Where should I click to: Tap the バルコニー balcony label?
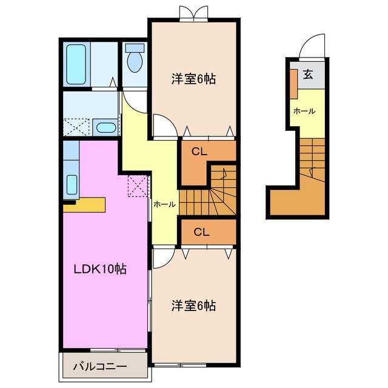pyautogui.click(x=101, y=367)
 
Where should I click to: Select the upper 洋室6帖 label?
pyautogui.click(x=194, y=79)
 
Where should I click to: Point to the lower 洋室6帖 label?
pyautogui.click(x=194, y=306)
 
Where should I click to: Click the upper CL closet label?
pyautogui.click(x=200, y=152)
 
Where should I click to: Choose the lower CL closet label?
pyautogui.click(x=202, y=231)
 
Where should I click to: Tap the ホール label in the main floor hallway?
pyautogui.click(x=164, y=205)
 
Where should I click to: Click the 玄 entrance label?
pyautogui.click(x=308, y=75)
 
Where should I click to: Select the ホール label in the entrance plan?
pyautogui.click(x=304, y=112)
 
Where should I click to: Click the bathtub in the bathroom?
pyautogui.click(x=78, y=65)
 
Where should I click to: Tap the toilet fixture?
pyautogui.click(x=135, y=59)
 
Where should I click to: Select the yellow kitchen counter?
pyautogui.click(x=84, y=204)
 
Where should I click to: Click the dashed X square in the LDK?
pyautogui.click(x=138, y=185)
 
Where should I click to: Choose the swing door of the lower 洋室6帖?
pyautogui.click(x=162, y=259)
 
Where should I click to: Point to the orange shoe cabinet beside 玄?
pyautogui.click(x=293, y=84)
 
